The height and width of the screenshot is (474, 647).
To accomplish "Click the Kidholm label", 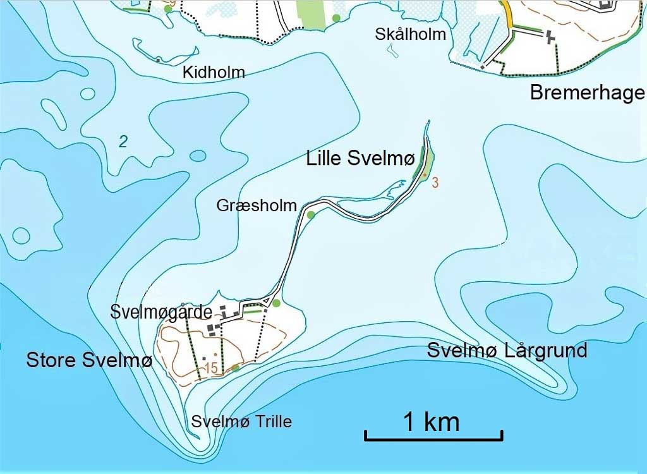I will [x=213, y=73].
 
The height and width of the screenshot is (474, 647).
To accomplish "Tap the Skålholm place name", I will [x=410, y=34].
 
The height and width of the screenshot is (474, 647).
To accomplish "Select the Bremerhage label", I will [x=587, y=93].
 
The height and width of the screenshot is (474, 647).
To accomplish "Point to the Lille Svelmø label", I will [x=360, y=159].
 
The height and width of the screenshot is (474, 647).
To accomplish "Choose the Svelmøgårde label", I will [x=160, y=312].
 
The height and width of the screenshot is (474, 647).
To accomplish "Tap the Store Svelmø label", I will [x=89, y=360].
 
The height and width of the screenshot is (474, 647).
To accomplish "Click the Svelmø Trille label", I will [x=242, y=421].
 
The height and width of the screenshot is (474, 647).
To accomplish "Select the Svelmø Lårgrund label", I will [x=507, y=350].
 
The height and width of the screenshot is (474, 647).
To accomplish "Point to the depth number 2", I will [x=123, y=142].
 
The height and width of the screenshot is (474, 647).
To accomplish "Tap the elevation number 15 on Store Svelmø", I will [x=211, y=368].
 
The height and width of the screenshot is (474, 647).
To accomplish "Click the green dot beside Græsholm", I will [x=310, y=215].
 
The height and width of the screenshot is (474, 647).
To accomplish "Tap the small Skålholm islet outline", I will [x=392, y=52].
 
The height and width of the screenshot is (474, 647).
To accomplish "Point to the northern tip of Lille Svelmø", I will [x=428, y=121].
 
